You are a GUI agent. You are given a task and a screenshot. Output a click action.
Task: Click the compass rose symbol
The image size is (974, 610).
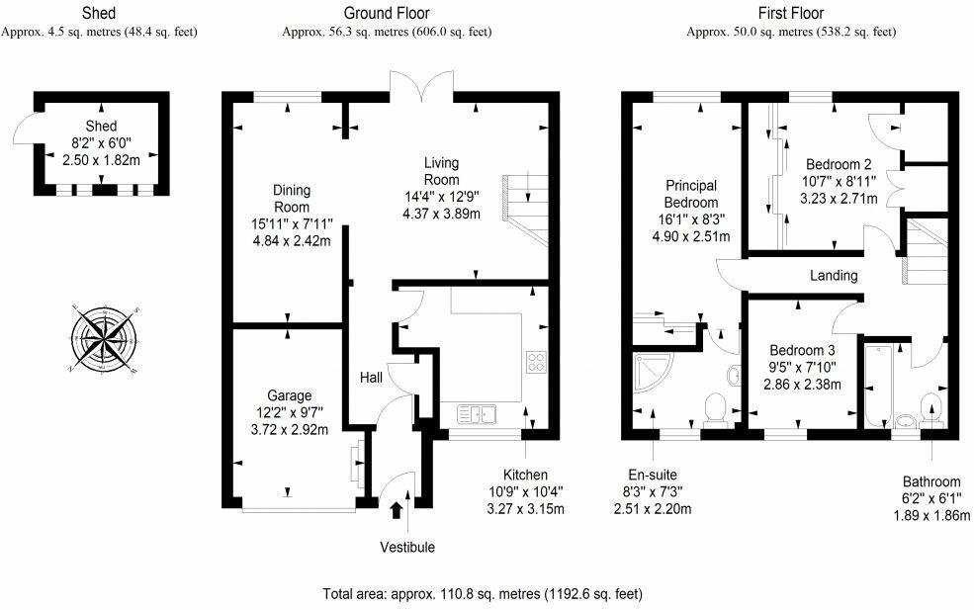(x=104, y=338)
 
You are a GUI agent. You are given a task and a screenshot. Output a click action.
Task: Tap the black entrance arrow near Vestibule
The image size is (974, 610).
(x=396, y=510)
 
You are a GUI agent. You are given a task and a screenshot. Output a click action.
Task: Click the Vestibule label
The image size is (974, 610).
(x=407, y=548)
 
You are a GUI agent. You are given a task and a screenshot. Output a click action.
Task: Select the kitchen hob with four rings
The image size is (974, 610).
(x=536, y=362)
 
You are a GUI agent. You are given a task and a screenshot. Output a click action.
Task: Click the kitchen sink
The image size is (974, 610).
(x=477, y=413)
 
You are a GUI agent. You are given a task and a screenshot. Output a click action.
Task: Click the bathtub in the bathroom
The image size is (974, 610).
(x=878, y=386)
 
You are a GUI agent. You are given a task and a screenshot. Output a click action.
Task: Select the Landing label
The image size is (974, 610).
(x=834, y=275)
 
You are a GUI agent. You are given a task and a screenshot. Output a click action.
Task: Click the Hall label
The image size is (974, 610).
(x=372, y=377)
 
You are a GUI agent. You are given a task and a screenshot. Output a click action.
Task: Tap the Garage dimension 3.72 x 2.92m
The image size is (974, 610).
(x=290, y=429)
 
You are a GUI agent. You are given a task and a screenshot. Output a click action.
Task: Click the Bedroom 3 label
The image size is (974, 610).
(x=802, y=350)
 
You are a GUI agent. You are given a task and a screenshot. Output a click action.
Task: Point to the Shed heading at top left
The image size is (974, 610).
(x=99, y=13)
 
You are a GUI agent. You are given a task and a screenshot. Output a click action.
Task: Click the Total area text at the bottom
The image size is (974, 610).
(x=483, y=594)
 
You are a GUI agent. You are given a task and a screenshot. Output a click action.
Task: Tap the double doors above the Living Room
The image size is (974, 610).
(x=422, y=86)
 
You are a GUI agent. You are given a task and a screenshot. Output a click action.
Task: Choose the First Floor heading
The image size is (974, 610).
(x=791, y=13)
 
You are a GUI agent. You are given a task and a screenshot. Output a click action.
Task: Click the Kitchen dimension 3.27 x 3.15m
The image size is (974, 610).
(x=525, y=509)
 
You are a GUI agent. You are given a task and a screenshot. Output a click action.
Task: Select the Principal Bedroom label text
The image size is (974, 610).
(x=691, y=194)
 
